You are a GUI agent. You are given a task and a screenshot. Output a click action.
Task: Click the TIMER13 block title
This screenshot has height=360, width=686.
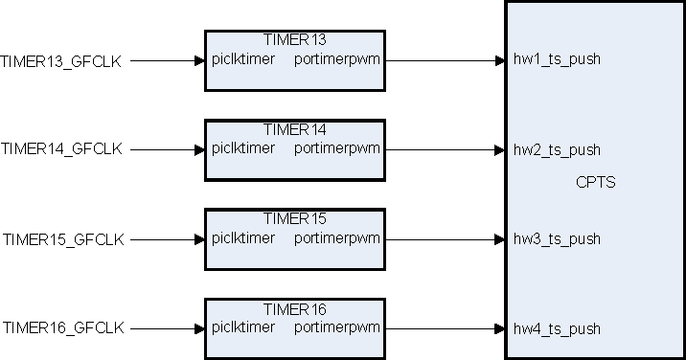click(294, 40)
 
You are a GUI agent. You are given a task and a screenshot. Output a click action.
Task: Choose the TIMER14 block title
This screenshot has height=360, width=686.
click(294, 129)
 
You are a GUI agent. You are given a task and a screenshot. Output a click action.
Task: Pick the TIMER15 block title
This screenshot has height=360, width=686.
click(294, 218)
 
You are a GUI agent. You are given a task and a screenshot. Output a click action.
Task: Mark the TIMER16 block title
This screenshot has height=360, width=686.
click(294, 309)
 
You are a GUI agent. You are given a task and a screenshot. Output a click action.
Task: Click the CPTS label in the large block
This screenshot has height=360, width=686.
click(595, 183)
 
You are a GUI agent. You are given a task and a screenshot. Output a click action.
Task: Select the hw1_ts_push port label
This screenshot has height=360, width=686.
click(557, 60)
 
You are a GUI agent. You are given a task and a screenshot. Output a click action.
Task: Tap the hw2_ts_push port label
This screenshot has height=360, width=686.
click(557, 150)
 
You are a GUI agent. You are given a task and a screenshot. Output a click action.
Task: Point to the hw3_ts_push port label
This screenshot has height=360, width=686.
click(557, 238)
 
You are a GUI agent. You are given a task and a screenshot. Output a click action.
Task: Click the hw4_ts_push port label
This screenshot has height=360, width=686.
click(557, 329)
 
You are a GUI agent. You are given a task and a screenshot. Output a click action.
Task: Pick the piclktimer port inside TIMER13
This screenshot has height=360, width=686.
click(243, 59)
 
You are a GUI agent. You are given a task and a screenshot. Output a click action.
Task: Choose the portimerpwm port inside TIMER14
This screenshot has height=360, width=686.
click(337, 148)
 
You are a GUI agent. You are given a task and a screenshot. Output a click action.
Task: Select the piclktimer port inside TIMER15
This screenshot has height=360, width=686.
click(243, 237)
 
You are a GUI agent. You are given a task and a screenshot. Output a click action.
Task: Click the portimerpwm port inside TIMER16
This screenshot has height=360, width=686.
click(337, 327)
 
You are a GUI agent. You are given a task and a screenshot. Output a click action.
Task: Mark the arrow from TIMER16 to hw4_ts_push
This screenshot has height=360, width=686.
click(445, 328)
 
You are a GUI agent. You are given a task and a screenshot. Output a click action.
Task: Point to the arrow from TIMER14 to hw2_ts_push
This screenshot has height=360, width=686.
click(445, 149)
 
